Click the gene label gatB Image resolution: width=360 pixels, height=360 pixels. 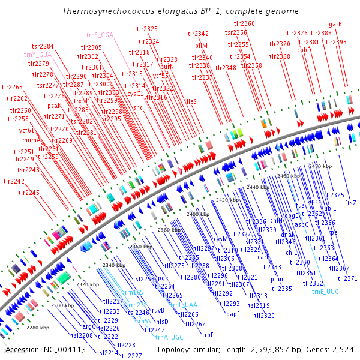336,25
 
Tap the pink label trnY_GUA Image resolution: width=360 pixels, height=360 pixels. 37,55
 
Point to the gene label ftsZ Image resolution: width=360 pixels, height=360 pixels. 350,203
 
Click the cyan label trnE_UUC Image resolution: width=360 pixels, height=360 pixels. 325,291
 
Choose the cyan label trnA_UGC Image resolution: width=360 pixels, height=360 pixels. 169,337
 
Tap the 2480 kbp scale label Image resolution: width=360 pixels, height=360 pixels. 320,166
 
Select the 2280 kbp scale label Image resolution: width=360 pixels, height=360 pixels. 38,328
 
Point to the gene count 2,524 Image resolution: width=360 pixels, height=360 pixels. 343,349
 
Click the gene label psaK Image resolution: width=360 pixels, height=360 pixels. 55,106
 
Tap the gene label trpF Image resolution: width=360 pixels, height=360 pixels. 208,335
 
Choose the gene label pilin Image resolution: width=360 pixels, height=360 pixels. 277,279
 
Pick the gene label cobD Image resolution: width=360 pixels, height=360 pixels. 304,50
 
